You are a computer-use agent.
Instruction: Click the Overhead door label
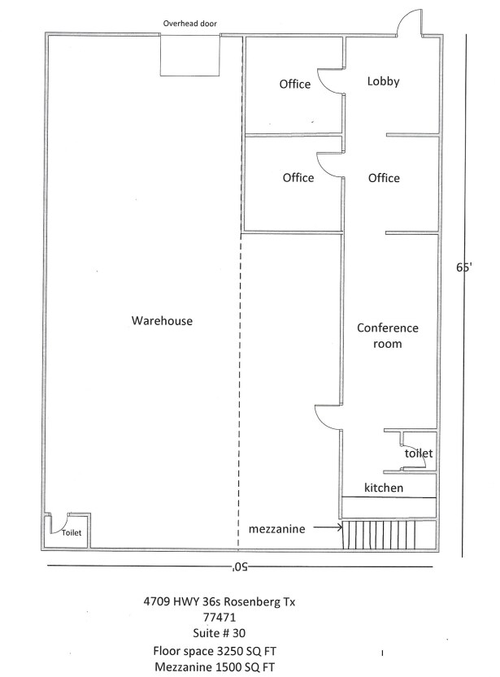click(x=190, y=24)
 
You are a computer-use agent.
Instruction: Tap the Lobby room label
click(x=384, y=81)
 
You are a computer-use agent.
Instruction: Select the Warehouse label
click(x=162, y=321)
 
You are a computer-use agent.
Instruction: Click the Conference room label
click(x=387, y=336)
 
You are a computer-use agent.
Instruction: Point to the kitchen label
click(x=384, y=488)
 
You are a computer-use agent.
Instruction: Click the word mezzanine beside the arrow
click(x=276, y=529)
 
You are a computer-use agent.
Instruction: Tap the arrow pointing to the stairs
click(x=328, y=527)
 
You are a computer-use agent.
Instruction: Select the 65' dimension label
click(x=463, y=267)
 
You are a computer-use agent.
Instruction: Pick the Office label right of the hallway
click(x=384, y=178)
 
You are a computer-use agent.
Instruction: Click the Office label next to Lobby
click(x=295, y=84)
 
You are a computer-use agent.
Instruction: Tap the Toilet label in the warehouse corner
click(x=72, y=533)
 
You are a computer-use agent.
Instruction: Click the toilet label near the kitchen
click(x=419, y=454)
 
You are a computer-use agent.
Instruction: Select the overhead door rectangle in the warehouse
click(x=190, y=56)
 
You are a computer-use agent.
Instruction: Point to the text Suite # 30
click(x=219, y=633)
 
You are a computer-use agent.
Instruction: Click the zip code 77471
click(x=220, y=618)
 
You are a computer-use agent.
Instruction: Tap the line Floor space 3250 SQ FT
click(x=215, y=651)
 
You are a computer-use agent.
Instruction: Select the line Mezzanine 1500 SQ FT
click(x=215, y=667)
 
